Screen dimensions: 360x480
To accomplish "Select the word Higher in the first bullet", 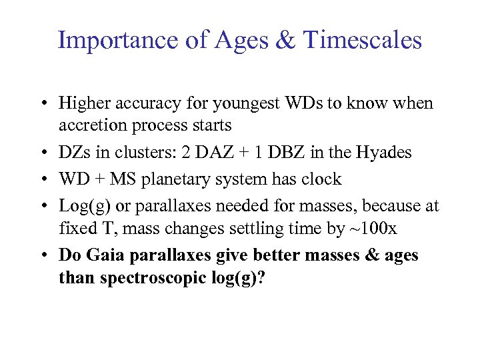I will [82, 103].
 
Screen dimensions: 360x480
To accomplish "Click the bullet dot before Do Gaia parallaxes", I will [43, 255].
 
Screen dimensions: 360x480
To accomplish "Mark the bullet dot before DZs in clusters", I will [43, 153].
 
